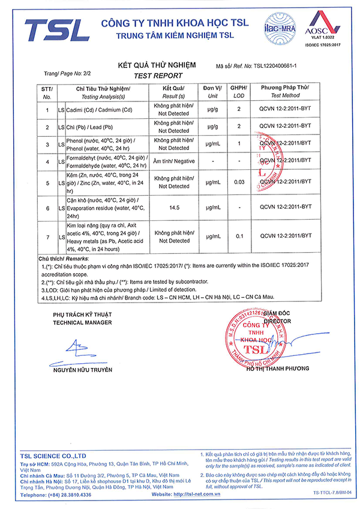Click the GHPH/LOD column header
[239, 91]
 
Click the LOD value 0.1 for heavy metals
[239, 237]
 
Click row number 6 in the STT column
[47, 207]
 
